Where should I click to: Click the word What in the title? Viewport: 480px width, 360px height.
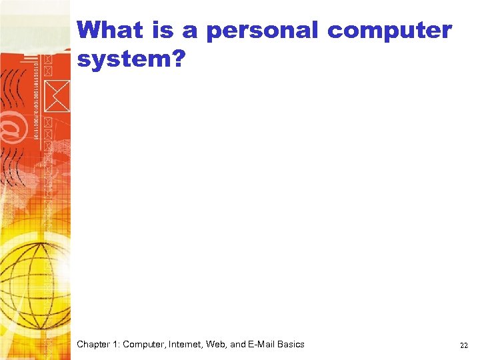click(x=110, y=30)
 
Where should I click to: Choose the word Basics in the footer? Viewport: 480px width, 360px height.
click(x=291, y=345)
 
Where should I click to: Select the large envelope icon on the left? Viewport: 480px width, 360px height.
click(x=57, y=94)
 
